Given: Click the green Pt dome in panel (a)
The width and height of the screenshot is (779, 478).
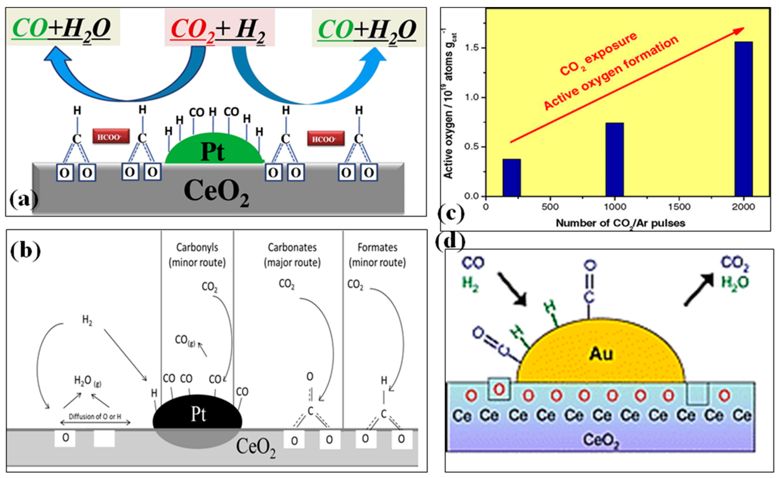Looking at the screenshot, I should (x=214, y=150).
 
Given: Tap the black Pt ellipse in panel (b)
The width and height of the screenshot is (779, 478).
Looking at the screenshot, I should (x=198, y=414).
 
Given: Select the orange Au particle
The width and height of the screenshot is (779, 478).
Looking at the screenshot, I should (x=601, y=354).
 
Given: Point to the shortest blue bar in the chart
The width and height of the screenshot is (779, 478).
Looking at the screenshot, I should (x=512, y=177).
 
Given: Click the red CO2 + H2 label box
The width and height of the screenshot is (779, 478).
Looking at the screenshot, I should (x=219, y=28).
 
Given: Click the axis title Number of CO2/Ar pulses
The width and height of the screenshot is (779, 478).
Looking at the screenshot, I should (x=620, y=223).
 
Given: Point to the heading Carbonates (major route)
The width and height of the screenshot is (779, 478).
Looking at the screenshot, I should (x=292, y=255).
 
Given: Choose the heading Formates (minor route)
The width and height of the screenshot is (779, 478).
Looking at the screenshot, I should (x=377, y=255).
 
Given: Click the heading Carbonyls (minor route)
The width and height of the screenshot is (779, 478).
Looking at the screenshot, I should (x=197, y=255).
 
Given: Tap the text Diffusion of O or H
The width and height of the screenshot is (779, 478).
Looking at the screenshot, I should (x=95, y=417).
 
